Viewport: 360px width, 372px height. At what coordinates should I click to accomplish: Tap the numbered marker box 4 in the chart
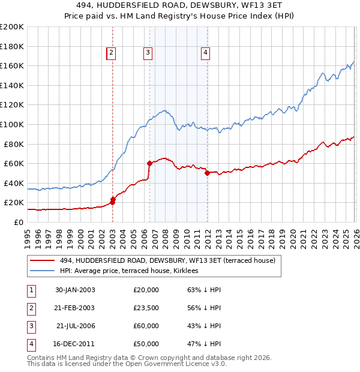tap(205, 53)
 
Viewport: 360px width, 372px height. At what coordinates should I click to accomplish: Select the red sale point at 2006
tap(149, 163)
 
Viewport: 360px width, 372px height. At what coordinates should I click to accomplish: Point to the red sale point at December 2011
tap(207, 173)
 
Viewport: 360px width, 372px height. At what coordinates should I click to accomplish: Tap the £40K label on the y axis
tap(14, 183)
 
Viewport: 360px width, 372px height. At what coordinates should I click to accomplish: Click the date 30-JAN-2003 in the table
tap(75, 290)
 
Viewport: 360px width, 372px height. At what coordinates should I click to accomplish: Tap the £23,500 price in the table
tap(146, 308)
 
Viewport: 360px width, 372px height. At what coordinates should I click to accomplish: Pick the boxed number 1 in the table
tap(31, 290)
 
